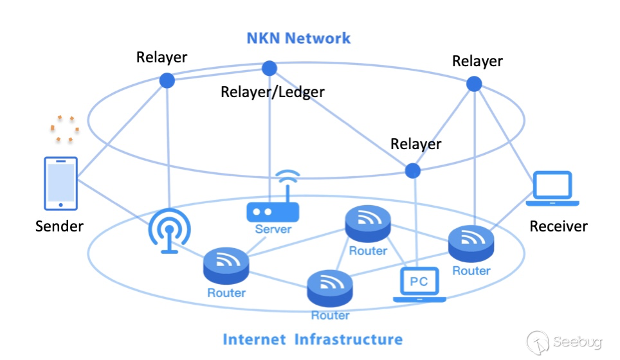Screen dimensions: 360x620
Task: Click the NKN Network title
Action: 298,38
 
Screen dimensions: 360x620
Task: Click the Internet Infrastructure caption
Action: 313,339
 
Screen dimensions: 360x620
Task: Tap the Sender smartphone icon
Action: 60,183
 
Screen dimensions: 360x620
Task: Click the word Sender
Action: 59,226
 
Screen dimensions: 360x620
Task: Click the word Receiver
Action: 558,226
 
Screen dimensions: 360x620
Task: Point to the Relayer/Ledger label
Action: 272,92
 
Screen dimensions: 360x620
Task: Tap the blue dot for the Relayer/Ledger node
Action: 269,68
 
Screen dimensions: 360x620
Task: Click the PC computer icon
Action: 419,284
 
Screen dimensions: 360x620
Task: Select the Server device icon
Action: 273,212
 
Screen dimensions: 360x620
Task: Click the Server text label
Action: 273,230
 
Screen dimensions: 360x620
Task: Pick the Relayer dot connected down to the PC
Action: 412,170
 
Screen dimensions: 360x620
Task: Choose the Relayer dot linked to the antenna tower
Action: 167,80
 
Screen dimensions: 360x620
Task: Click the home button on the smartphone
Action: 60,204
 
